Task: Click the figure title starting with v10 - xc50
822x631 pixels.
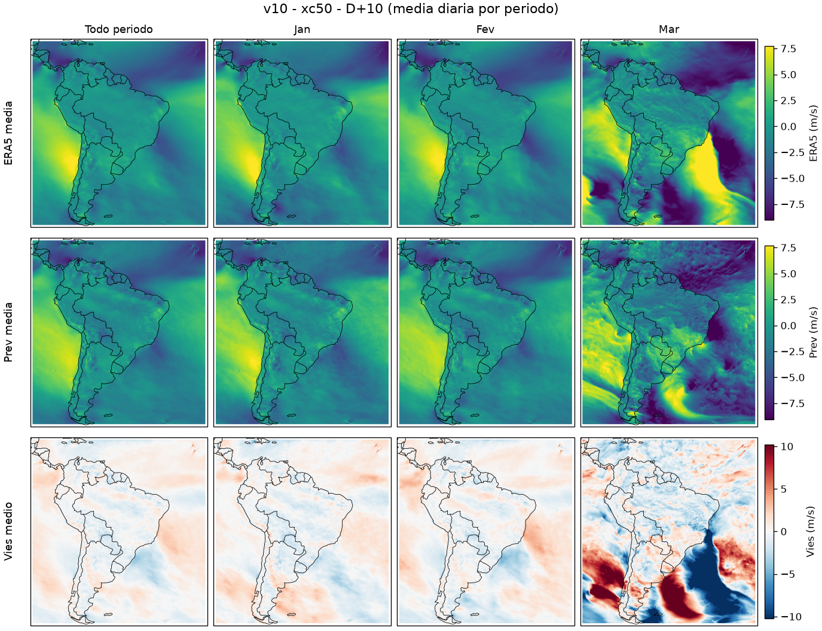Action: pyautogui.click(x=411, y=8)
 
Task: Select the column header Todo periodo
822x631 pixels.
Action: pyautogui.click(x=119, y=29)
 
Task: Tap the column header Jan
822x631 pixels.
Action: pyautogui.click(x=302, y=29)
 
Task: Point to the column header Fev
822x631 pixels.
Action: pyautogui.click(x=485, y=29)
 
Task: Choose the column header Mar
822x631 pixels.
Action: pyautogui.click(x=669, y=29)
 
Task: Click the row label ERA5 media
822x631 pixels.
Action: pyautogui.click(x=8, y=133)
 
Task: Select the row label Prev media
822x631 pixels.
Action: pyautogui.click(x=8, y=332)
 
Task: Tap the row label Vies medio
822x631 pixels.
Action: pyautogui.click(x=8, y=531)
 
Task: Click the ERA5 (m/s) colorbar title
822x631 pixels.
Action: pyautogui.click(x=813, y=133)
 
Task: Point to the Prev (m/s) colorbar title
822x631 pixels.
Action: pyautogui.click(x=813, y=332)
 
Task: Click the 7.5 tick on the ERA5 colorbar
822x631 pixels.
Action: pyautogui.click(x=789, y=49)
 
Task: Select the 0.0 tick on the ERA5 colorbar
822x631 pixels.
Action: pyautogui.click(x=789, y=127)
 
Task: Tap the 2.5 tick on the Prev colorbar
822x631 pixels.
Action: pyautogui.click(x=789, y=300)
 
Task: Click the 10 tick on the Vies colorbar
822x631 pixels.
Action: pyautogui.click(x=787, y=446)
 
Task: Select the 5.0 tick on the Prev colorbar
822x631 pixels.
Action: pyautogui.click(x=789, y=274)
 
